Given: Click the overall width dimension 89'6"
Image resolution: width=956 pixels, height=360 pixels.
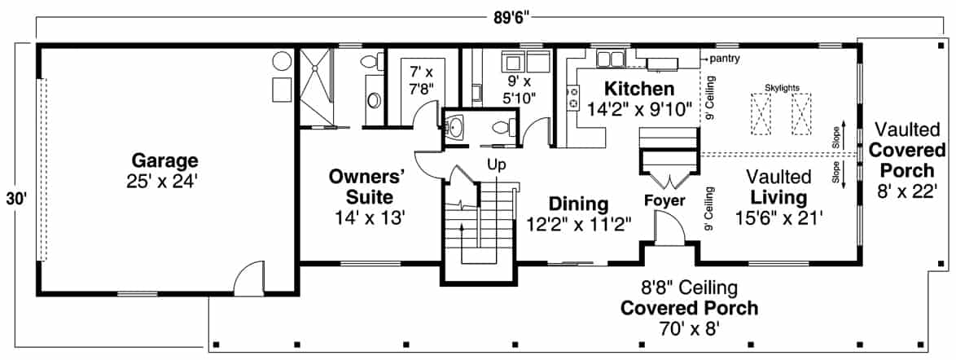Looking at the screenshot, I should (x=512, y=18).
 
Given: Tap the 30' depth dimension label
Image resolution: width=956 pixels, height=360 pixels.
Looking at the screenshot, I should (x=14, y=198).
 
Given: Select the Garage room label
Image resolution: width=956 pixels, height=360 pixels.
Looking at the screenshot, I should (x=166, y=160).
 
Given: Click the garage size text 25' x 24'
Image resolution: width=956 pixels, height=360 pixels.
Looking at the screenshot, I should (x=166, y=182).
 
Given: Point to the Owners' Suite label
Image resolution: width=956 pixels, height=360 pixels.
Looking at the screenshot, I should (x=367, y=186).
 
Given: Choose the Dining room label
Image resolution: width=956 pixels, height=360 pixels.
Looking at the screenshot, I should (x=578, y=204).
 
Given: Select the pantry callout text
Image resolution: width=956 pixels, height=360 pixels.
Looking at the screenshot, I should (x=725, y=59).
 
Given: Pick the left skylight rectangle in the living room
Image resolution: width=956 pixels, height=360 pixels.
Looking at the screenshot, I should (x=761, y=114).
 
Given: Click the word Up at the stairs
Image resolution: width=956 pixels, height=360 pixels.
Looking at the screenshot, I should (x=497, y=165).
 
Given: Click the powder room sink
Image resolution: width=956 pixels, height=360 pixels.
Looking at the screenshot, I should (x=455, y=128).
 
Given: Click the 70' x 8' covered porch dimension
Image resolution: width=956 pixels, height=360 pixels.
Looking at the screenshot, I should (x=689, y=330).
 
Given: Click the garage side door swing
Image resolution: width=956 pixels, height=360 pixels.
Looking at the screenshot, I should (x=248, y=279).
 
